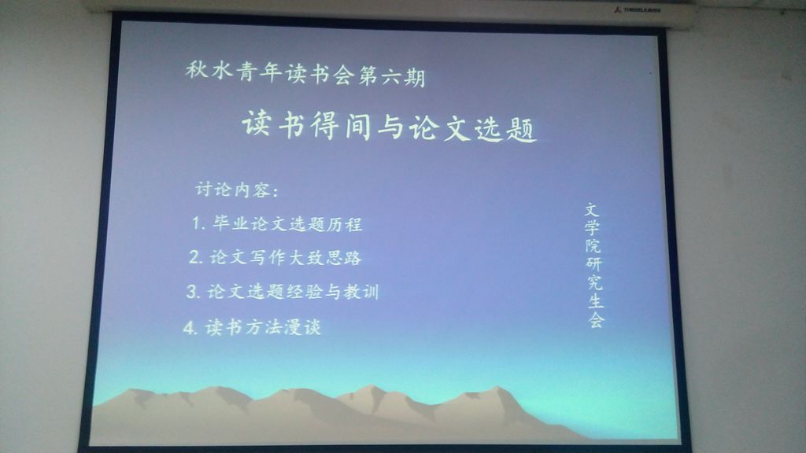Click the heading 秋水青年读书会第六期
[305, 73]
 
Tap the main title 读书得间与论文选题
[390, 125]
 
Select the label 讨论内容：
[237, 190]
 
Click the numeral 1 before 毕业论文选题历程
[196, 223]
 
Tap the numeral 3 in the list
[193, 291]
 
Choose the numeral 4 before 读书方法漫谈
[190, 327]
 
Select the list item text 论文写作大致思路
[285, 257]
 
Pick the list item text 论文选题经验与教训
[293, 291]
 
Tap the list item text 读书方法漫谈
[263, 326]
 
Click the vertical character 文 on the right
[592, 209]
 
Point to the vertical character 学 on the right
[592, 227]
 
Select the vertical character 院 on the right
[593, 245]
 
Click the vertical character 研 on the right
[593, 264]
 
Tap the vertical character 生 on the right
[595, 301]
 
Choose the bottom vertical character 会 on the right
[597, 319]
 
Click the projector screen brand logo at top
[637, 9]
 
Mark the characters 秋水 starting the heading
[209, 70]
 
